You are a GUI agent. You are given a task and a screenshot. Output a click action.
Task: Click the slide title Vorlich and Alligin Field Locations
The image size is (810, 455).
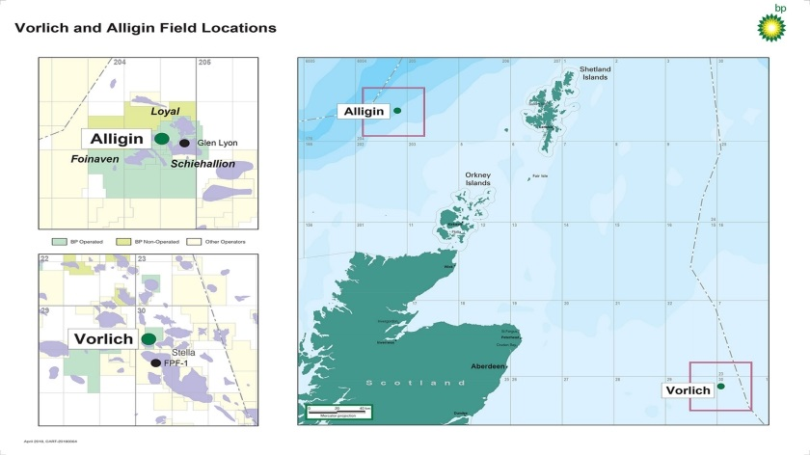[146, 28]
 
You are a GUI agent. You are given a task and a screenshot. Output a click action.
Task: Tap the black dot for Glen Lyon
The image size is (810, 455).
[184, 143]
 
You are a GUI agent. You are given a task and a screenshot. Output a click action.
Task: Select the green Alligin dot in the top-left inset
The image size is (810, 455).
[162, 139]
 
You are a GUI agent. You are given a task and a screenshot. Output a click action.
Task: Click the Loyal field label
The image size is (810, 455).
[165, 112]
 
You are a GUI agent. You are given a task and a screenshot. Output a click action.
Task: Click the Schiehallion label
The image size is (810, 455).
[202, 164]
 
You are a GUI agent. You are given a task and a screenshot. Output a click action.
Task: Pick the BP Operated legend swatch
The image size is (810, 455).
[57, 240]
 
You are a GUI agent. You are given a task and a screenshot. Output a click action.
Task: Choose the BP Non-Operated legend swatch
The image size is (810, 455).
[121, 240]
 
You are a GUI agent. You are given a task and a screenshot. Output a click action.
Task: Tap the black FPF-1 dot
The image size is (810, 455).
[155, 363]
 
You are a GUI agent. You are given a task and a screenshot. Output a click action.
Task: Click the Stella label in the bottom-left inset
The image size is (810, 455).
[182, 353]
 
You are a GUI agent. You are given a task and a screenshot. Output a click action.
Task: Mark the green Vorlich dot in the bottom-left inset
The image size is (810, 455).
[148, 338]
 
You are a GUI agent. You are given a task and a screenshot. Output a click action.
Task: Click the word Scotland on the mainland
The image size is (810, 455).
[415, 384]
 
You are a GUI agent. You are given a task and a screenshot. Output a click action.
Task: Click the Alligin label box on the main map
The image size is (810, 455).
[364, 112]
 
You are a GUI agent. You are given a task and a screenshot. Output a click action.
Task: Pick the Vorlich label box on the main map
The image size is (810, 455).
[688, 390]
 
